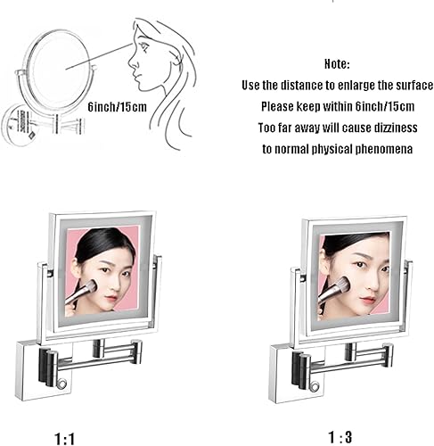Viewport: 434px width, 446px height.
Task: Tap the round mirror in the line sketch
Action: pos(56,67)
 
